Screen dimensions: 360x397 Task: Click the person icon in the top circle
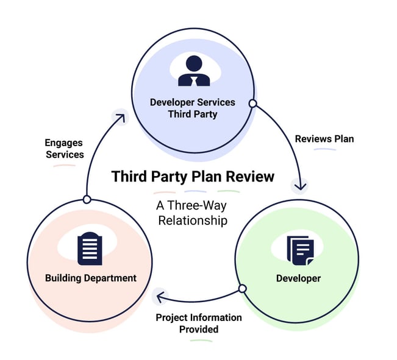(193, 71)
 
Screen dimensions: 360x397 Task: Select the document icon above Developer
(300, 249)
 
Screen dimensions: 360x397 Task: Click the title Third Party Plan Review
(193, 177)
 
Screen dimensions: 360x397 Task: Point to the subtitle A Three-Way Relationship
(193, 213)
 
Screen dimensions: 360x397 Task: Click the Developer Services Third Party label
(193, 108)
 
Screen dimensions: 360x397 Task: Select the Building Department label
(90, 278)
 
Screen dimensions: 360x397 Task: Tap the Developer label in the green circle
(298, 278)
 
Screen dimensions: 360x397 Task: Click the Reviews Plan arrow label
(324, 139)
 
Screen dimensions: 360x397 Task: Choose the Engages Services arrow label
(64, 149)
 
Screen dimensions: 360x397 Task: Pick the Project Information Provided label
(199, 323)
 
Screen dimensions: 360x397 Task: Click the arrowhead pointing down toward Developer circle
(301, 185)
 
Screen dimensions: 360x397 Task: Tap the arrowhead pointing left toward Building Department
(160, 297)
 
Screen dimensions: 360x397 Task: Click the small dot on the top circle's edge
(252, 104)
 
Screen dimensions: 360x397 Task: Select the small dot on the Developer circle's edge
(242, 288)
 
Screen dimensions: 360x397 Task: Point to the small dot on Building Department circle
(87, 199)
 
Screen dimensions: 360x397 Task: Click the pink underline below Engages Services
(64, 166)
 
